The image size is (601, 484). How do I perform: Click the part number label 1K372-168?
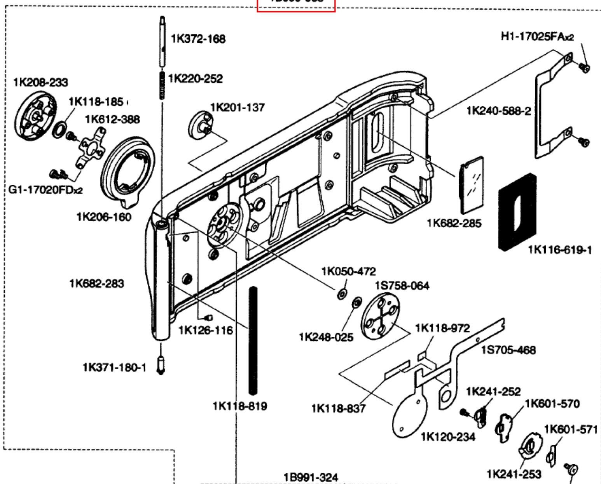pyautogui.click(x=198, y=39)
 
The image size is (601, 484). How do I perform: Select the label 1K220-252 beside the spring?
pyautogui.click(x=195, y=78)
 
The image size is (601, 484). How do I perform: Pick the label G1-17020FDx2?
pyautogui.click(x=45, y=190)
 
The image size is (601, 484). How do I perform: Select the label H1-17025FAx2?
pyautogui.click(x=537, y=37)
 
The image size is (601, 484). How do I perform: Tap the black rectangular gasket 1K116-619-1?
pyautogui.click(x=517, y=211)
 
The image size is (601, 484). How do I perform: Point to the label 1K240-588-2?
pyautogui.click(x=498, y=111)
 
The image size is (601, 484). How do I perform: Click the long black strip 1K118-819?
pyautogui.click(x=253, y=340)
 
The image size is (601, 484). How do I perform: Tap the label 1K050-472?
pyautogui.click(x=348, y=271)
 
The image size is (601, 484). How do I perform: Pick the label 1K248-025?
pyautogui.click(x=326, y=337)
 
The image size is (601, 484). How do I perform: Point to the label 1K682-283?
pyautogui.click(x=97, y=283)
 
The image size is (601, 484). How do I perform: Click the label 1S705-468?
pyautogui.click(x=508, y=350)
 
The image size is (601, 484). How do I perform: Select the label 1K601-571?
pyautogui.click(x=570, y=429)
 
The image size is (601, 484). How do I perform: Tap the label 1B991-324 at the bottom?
pyautogui.click(x=311, y=477)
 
